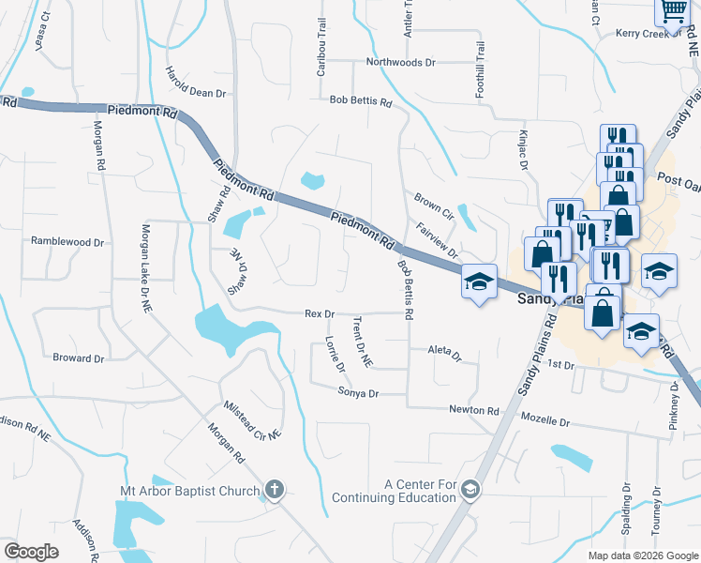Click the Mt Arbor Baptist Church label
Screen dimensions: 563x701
pos(190,491)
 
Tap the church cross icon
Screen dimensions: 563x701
pos(275,489)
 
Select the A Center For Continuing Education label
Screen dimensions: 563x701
pos(420,491)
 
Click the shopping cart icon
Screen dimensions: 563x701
pos(672,10)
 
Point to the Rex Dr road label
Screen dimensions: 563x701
pos(320,313)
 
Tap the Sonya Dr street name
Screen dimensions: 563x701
pos(358,393)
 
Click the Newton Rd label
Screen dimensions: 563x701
pos(473,410)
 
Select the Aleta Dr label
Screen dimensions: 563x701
pos(445,353)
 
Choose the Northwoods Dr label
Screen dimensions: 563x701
pos(401,63)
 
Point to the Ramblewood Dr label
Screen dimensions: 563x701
pos(67,241)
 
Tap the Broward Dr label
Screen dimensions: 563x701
pos(79,358)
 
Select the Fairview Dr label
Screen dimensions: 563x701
pos(437,240)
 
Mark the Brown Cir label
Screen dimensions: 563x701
pos(434,205)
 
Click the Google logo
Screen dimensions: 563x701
pos(31,552)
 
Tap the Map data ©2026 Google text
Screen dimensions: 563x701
pos(642,555)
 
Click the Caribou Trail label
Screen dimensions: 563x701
pos(321,53)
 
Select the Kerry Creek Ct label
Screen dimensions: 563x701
pos(648,34)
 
